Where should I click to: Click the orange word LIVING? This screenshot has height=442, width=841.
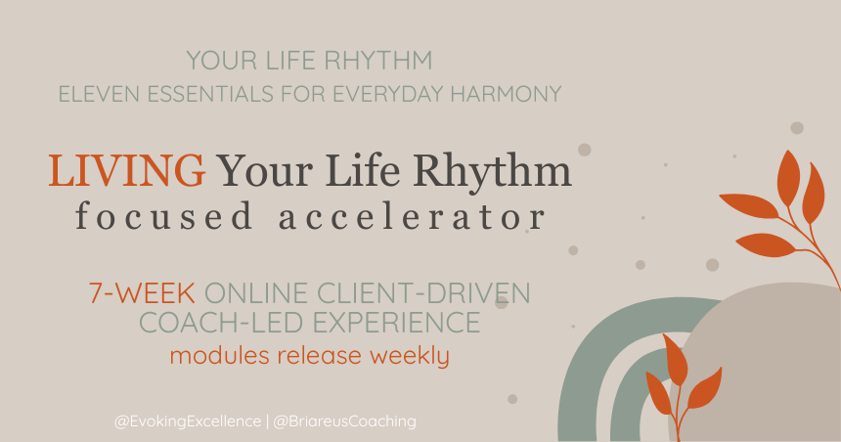pos(127,172)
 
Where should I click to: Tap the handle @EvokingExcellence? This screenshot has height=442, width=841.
pos(184,421)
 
